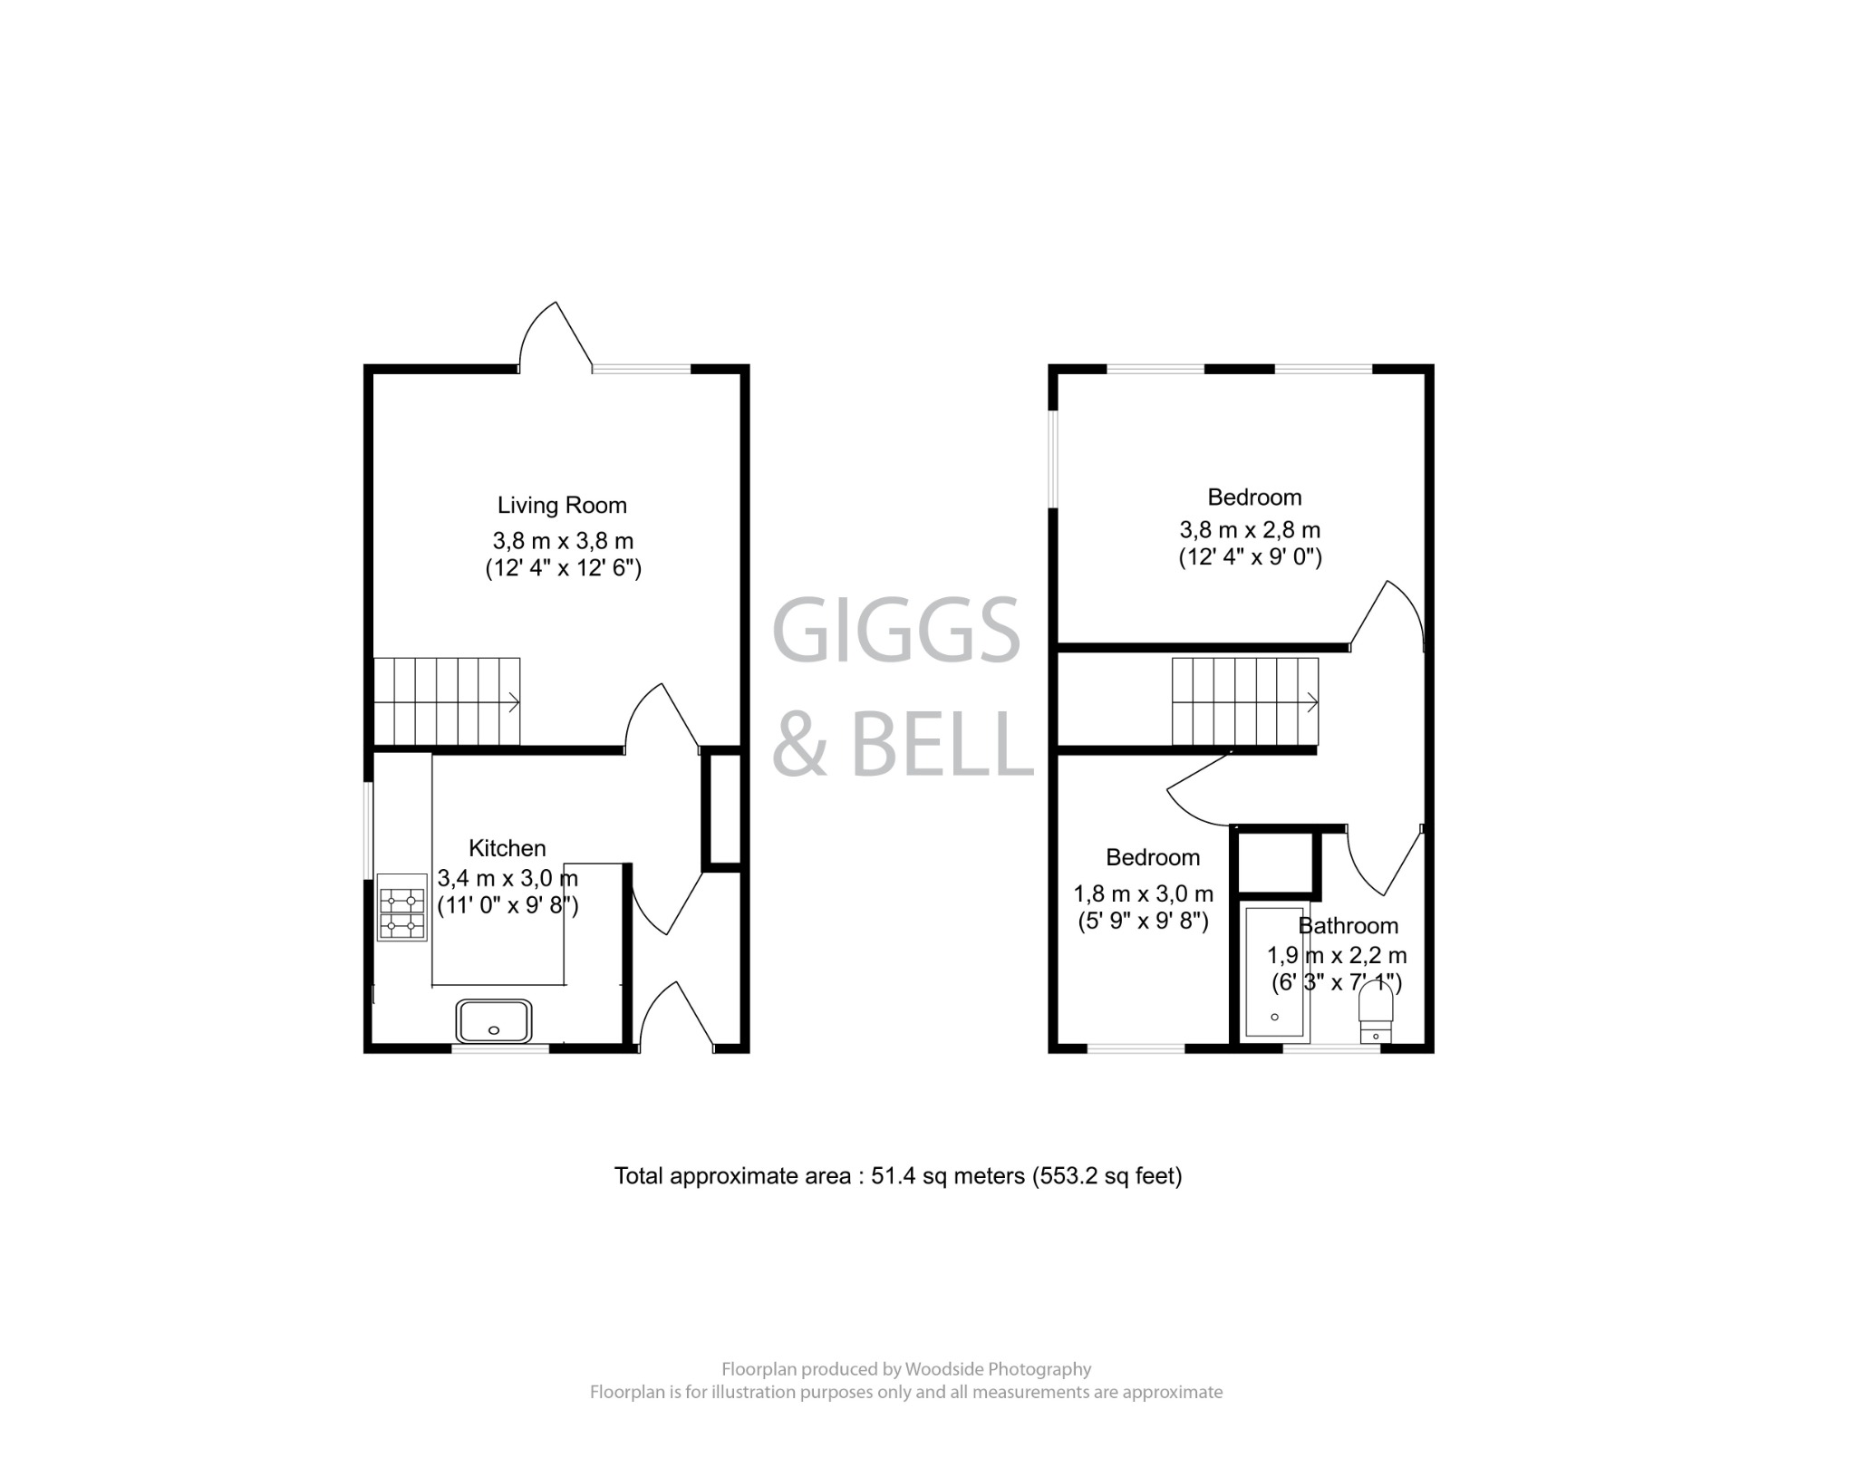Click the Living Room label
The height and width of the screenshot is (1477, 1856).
point(562,506)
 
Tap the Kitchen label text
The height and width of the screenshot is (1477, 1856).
point(507,849)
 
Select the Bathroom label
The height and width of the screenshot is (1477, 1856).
point(1348,926)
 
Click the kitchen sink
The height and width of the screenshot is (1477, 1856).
point(494,1021)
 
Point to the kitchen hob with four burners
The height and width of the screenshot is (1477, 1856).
point(401,908)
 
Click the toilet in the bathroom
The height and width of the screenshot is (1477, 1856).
point(1376,1015)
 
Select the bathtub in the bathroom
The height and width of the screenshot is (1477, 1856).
point(1275,971)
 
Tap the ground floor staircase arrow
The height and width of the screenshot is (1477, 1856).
point(513,701)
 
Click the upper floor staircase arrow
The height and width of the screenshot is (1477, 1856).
point(1311,701)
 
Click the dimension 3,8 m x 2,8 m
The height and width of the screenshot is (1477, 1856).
point(1249,530)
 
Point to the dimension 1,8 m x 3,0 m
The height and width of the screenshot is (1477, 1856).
point(1143,895)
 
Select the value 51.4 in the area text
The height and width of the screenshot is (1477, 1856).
point(891,1177)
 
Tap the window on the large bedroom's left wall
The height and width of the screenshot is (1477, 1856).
point(1052,459)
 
